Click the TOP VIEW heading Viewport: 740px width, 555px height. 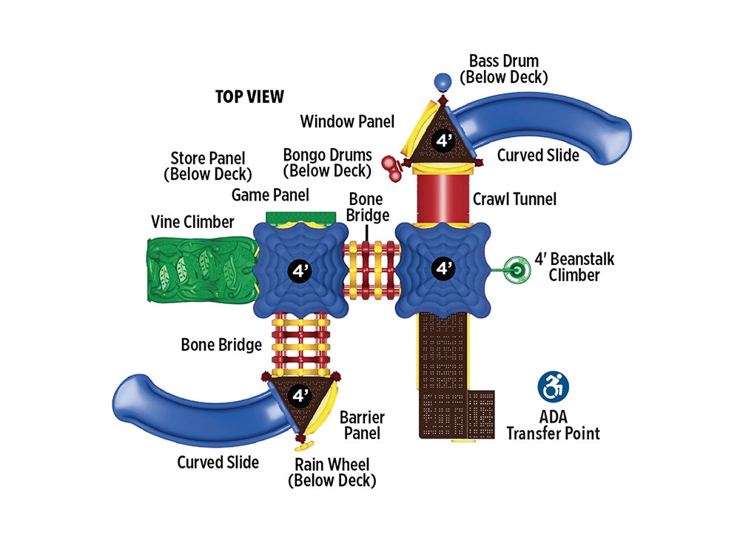pyautogui.click(x=249, y=97)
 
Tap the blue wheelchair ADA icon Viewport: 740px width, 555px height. pyautogui.click(x=552, y=387)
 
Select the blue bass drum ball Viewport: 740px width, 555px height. pyautogui.click(x=443, y=81)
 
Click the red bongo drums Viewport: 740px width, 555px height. pyautogui.click(x=391, y=166)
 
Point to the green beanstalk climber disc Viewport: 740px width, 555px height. pyautogui.click(x=517, y=270)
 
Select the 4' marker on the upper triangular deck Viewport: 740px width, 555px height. pyautogui.click(x=443, y=141)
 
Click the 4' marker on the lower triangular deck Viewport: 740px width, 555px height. pyautogui.click(x=300, y=395)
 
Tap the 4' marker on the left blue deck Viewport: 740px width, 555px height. pyautogui.click(x=300, y=270)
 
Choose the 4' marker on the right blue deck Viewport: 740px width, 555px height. pyautogui.click(x=443, y=268)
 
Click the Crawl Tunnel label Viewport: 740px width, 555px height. pyautogui.click(x=514, y=198)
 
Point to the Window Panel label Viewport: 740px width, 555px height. pyautogui.click(x=347, y=121)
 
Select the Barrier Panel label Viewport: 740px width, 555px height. pyautogui.click(x=362, y=425)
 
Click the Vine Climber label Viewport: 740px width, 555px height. pyautogui.click(x=192, y=221)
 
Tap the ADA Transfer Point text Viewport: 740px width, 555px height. pyautogui.click(x=553, y=425)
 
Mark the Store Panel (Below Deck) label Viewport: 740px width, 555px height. pyautogui.click(x=207, y=166)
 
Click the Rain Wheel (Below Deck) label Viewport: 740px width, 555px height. pyautogui.click(x=332, y=472)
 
